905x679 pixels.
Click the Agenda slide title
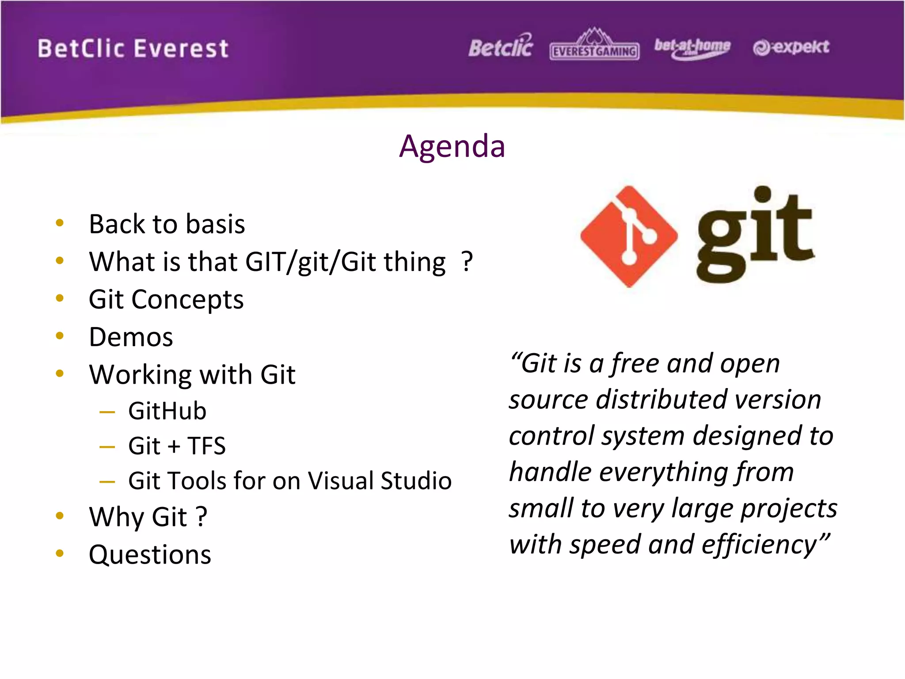pyautogui.click(x=452, y=146)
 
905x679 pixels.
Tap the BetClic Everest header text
pyautogui.click(x=133, y=49)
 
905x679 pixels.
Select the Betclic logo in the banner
pyautogui.click(x=501, y=47)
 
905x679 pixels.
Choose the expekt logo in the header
pyautogui.click(x=791, y=47)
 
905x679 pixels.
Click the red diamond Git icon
pyautogui.click(x=629, y=237)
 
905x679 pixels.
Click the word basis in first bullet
pyautogui.click(x=215, y=224)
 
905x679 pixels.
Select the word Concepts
pyautogui.click(x=187, y=300)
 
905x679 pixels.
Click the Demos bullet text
pyautogui.click(x=131, y=337)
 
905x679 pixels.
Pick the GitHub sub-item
pyautogui.click(x=167, y=411)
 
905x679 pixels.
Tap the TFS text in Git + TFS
pyautogui.click(x=206, y=446)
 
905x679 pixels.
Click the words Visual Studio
pyautogui.click(x=380, y=481)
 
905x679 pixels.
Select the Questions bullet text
pyautogui.click(x=150, y=555)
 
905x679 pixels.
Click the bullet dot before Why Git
pyautogui.click(x=60, y=515)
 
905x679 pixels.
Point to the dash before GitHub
pyautogui.click(x=107, y=412)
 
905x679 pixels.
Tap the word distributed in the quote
pyautogui.click(x=661, y=400)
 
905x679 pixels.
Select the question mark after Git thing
pyautogui.click(x=467, y=261)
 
